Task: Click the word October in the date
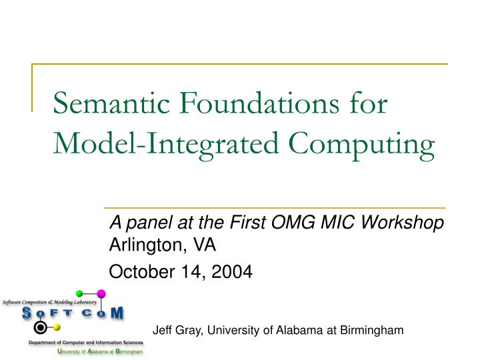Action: point(137,271)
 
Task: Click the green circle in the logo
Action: point(79,293)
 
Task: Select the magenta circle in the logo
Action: point(101,293)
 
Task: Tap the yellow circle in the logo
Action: point(57,327)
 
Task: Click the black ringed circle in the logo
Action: point(41,327)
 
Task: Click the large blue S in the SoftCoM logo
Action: point(28,313)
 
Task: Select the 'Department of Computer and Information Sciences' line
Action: point(85,342)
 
